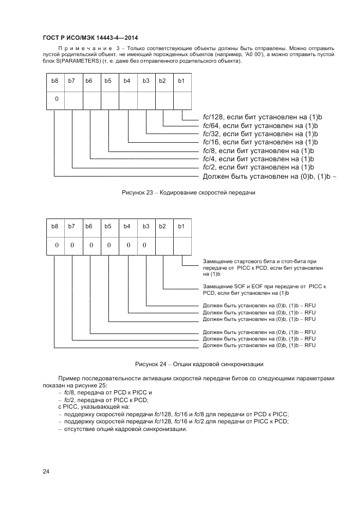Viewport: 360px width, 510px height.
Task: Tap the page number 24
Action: tap(46, 471)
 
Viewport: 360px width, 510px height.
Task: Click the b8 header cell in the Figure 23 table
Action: tap(54, 81)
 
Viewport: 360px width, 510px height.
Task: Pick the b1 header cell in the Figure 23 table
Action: tap(181, 81)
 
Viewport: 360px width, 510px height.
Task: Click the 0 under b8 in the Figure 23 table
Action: tap(56, 99)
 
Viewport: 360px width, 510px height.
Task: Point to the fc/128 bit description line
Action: tap(260, 117)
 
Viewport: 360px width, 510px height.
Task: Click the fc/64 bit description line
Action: tap(260, 125)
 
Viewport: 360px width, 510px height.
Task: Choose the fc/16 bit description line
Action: tap(260, 142)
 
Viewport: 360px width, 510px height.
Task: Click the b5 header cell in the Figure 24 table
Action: tap(109, 226)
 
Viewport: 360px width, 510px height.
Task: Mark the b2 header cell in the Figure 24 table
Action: tap(163, 226)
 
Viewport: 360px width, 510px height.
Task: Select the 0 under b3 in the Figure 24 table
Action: tap(145, 245)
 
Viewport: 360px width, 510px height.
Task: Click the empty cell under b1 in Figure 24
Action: tap(181, 245)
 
